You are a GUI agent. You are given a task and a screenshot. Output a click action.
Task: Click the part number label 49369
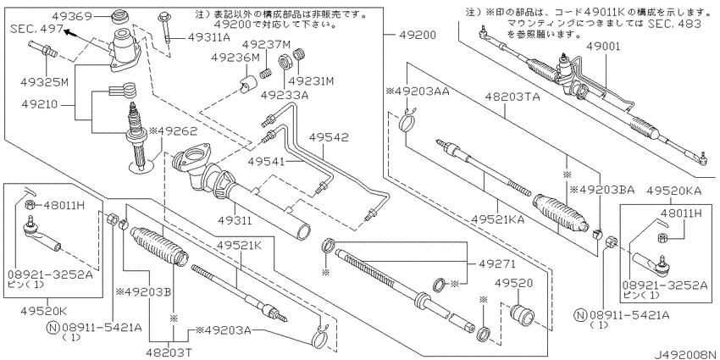(73, 17)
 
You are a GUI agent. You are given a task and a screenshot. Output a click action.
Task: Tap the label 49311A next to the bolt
(209, 38)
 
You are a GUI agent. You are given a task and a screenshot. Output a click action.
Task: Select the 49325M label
(44, 82)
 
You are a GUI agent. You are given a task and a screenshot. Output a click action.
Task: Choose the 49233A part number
(285, 95)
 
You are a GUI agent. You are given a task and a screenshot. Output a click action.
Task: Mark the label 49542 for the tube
(329, 137)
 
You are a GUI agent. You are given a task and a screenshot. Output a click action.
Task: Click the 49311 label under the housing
(235, 220)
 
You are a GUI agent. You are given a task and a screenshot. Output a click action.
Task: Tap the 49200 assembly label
(418, 36)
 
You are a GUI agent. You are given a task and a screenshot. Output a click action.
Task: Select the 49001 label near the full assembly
(603, 47)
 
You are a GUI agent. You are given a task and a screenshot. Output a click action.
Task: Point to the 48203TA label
(512, 97)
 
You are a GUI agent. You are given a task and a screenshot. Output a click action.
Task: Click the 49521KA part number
(497, 219)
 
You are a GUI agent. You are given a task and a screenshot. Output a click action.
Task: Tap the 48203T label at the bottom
(169, 352)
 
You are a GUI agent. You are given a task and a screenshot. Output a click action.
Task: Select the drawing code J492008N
(686, 355)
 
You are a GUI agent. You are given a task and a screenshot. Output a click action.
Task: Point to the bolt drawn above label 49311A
(166, 28)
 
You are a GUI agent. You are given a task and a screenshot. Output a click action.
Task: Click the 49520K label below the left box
(43, 311)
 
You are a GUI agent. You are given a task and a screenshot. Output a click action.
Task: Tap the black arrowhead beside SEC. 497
(69, 32)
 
